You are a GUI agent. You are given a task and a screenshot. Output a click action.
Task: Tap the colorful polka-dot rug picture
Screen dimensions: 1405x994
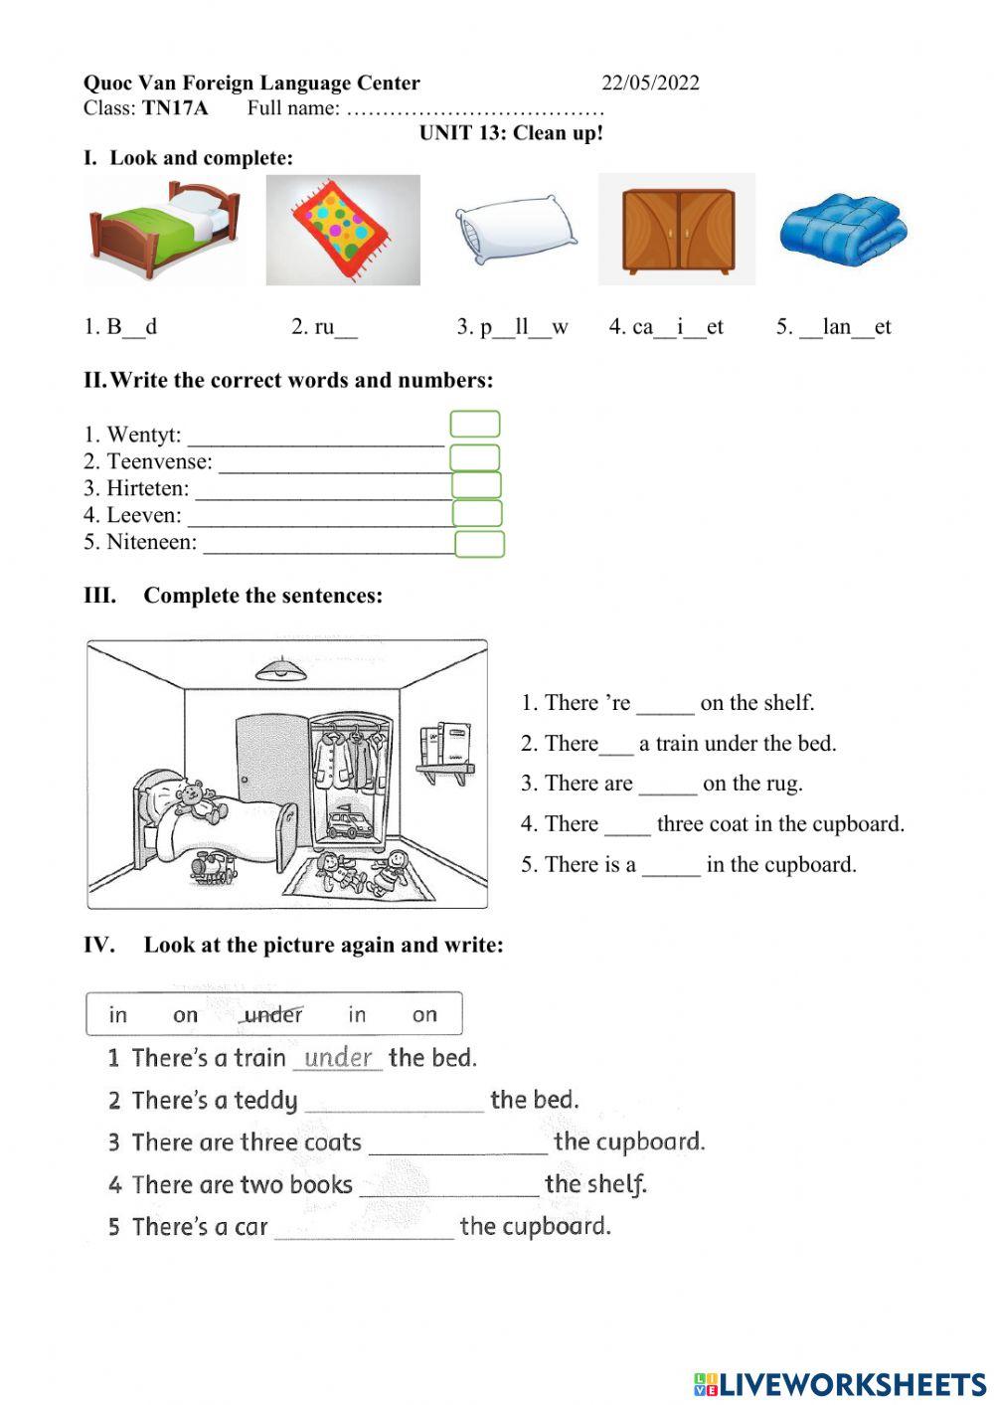click(343, 230)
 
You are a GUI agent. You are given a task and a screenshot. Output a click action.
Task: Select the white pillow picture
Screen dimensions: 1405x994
click(514, 231)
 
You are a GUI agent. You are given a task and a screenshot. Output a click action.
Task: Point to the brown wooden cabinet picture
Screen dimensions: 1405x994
click(678, 230)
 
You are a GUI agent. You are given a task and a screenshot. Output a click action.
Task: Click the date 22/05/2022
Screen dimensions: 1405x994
click(650, 83)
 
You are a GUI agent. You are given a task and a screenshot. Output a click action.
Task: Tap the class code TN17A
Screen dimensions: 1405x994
click(175, 108)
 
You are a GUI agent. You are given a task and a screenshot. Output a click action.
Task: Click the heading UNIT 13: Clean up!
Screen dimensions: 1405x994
click(511, 133)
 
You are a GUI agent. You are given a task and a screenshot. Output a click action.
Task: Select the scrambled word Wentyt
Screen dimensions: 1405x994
click(143, 435)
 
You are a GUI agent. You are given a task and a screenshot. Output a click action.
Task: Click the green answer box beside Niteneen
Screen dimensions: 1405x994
click(480, 544)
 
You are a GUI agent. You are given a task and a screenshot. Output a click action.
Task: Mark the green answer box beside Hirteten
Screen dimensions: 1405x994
click(476, 486)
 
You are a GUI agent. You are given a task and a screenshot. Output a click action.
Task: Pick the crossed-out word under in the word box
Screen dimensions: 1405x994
click(272, 1015)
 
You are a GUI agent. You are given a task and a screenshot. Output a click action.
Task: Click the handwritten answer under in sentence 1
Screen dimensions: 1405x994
click(338, 1057)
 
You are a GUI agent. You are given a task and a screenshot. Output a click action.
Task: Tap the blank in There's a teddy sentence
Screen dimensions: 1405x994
click(394, 1101)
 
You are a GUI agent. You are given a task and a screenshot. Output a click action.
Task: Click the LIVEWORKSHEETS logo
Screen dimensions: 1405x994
click(840, 1383)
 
